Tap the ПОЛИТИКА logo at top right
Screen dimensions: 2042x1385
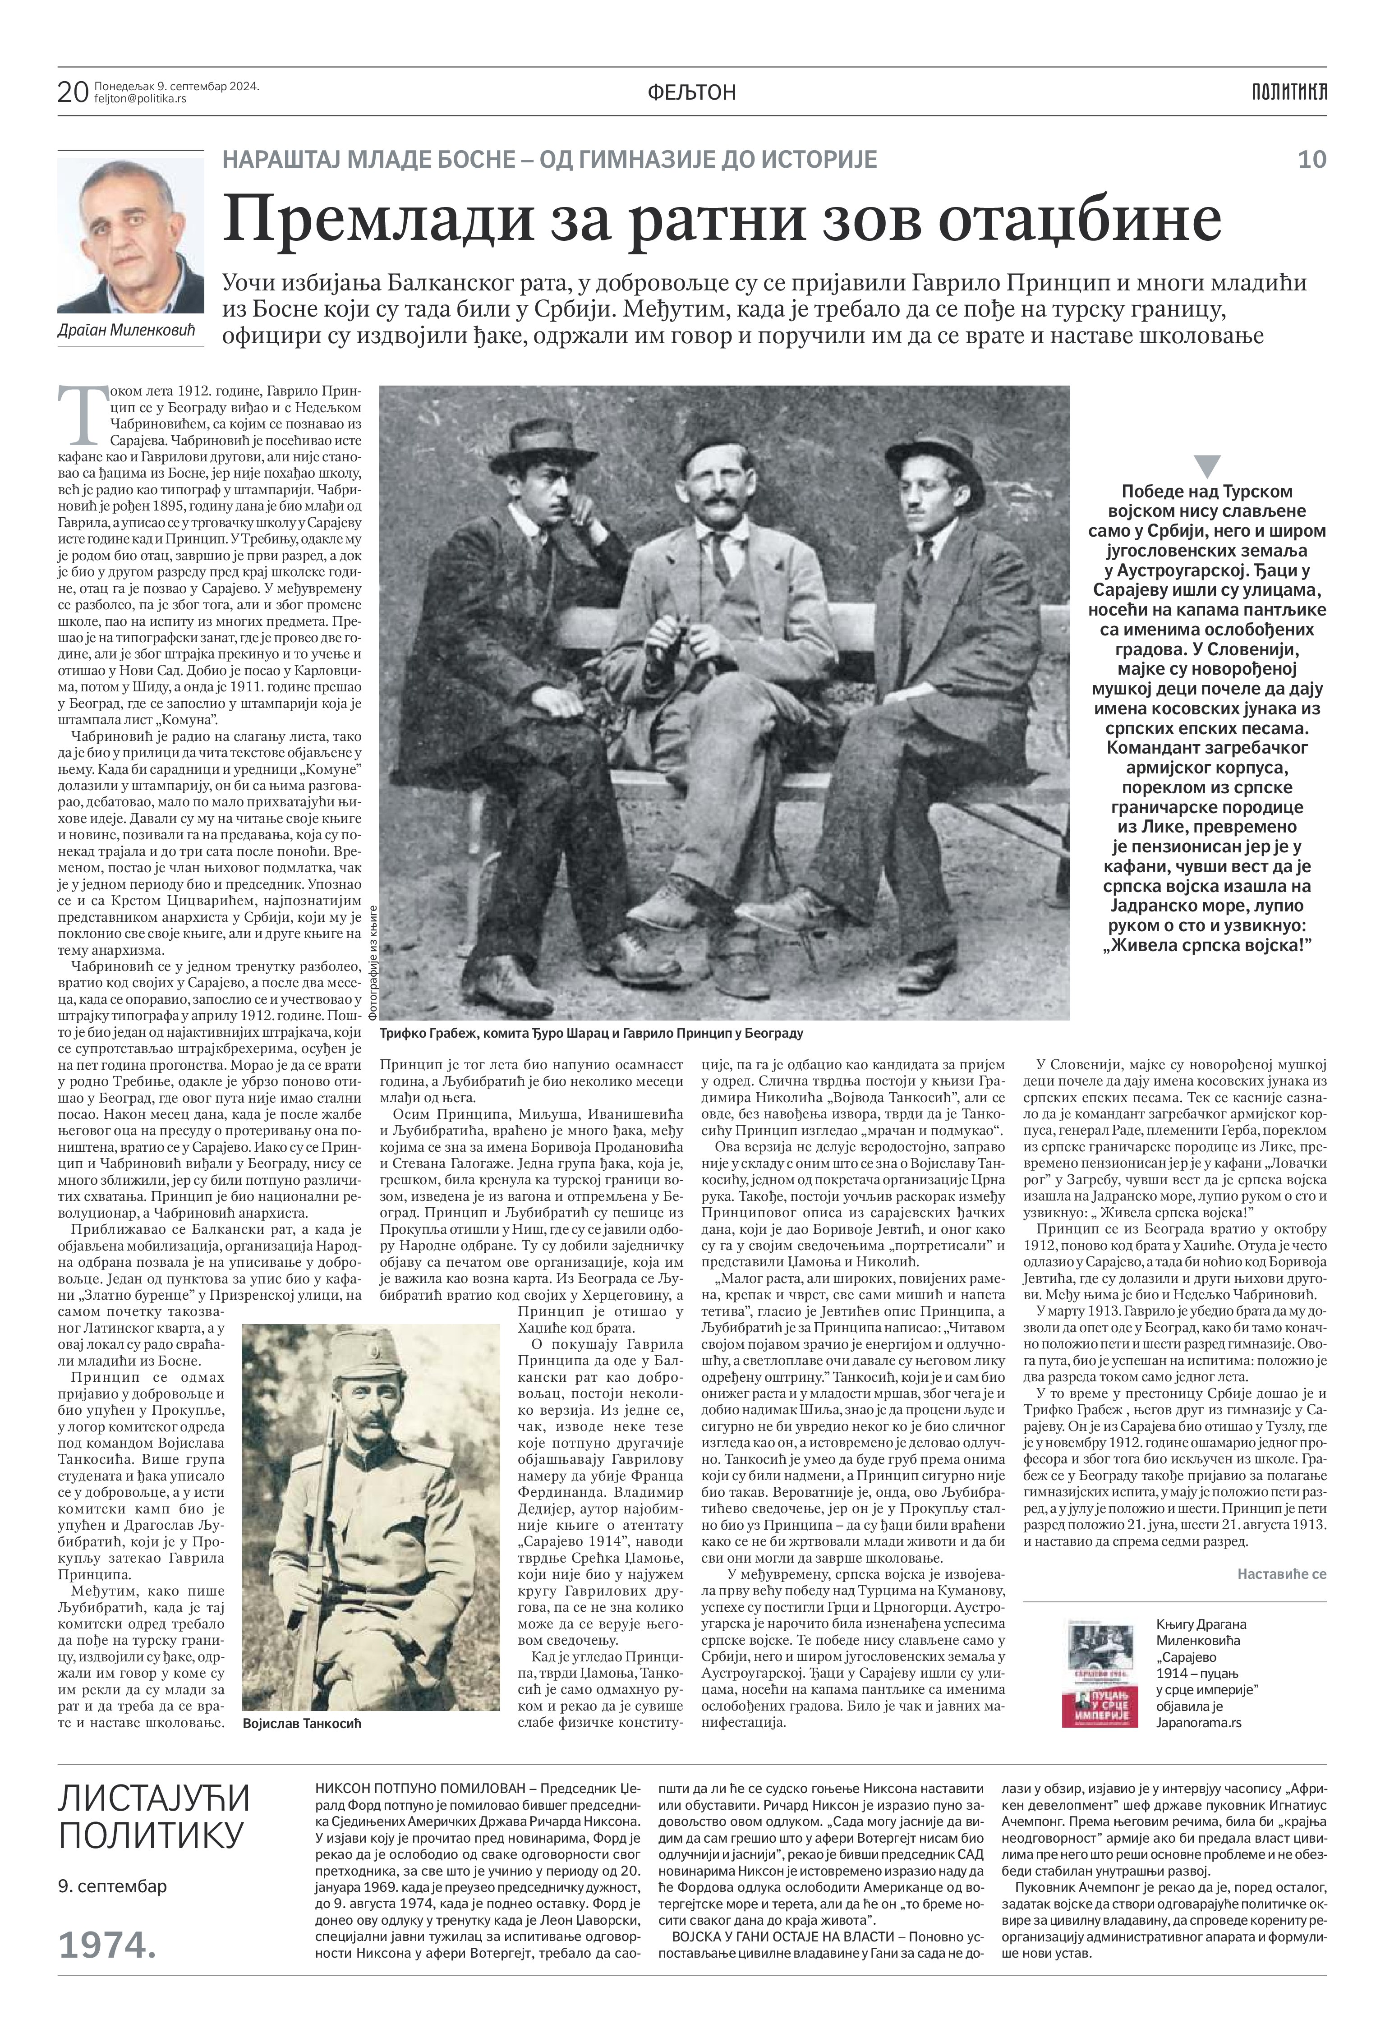pyautogui.click(x=1289, y=91)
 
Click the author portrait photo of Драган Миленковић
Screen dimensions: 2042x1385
pyautogui.click(x=130, y=235)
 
